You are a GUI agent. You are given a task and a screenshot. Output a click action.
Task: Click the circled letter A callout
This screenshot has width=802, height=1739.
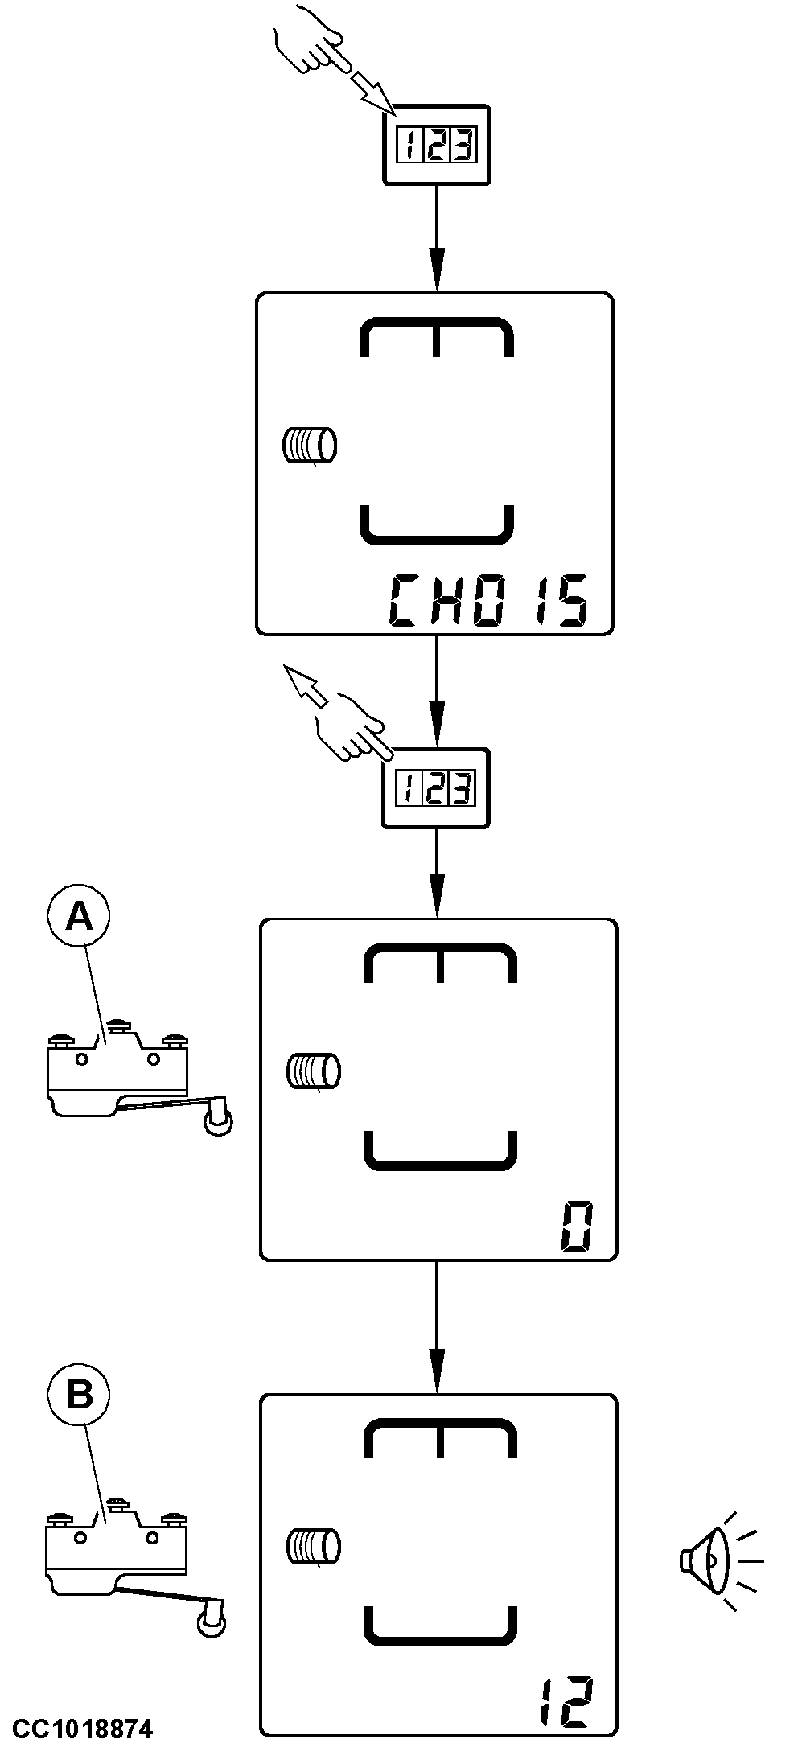click(79, 916)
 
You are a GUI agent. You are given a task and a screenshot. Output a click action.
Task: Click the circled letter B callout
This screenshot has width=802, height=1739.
click(79, 1394)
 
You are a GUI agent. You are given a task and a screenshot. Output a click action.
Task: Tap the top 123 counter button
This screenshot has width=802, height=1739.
click(436, 146)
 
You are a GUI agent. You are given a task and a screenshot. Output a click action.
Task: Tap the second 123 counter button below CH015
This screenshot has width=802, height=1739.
click(436, 787)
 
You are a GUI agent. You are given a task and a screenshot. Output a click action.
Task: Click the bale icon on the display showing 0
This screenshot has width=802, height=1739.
click(313, 1071)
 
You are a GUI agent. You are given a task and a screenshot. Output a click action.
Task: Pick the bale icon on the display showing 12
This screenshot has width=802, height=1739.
click(313, 1546)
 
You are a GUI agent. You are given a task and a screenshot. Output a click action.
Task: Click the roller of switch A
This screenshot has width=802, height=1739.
click(218, 1122)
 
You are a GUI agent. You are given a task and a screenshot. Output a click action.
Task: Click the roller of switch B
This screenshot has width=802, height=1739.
click(211, 1623)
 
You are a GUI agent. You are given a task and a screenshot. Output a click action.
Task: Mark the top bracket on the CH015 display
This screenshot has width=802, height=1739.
click(436, 335)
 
